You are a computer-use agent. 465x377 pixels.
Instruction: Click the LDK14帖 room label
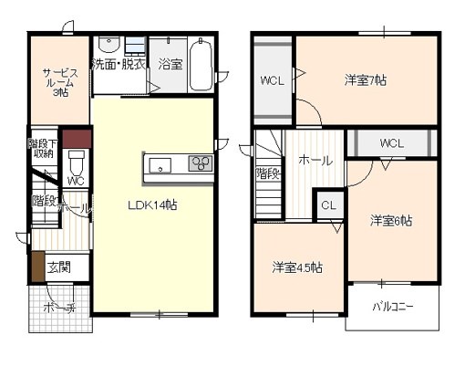[151, 204]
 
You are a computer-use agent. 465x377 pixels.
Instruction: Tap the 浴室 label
[170, 65]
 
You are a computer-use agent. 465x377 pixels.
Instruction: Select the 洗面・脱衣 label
[117, 65]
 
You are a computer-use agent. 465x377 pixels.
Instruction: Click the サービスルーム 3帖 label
[57, 80]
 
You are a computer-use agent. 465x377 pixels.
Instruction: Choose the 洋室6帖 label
[391, 221]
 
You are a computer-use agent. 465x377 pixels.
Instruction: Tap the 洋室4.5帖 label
[297, 267]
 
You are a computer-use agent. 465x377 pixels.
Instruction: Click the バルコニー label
[392, 307]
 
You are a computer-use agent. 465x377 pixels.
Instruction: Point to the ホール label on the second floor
[315, 161]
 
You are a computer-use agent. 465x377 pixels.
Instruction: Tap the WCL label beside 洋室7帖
[272, 79]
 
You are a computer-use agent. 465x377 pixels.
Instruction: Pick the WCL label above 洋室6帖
[391, 143]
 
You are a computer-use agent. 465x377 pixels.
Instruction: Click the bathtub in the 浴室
[201, 65]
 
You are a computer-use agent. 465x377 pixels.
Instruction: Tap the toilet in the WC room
[77, 165]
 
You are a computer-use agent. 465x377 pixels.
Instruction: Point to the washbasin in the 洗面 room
[108, 46]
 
